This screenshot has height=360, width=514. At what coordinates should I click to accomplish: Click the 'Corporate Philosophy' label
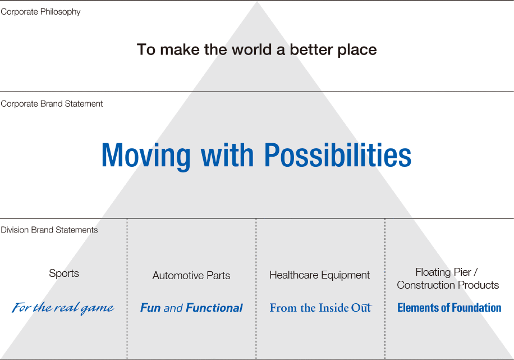(x=40, y=12)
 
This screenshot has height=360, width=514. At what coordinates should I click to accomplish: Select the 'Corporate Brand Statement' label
(x=52, y=104)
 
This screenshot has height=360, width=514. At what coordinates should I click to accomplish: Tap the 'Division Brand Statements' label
(x=49, y=230)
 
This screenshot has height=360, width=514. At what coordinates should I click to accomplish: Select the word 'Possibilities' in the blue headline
(x=338, y=155)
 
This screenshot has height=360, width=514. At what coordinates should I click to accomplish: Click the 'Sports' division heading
(x=64, y=274)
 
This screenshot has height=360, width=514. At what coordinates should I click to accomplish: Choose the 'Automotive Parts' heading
(x=191, y=276)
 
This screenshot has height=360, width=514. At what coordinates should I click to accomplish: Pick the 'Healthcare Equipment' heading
(x=320, y=275)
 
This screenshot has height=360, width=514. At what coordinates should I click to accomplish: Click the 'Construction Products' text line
(x=448, y=285)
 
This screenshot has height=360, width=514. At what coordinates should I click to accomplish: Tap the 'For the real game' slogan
(x=63, y=308)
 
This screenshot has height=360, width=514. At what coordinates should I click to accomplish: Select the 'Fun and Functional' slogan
(x=191, y=308)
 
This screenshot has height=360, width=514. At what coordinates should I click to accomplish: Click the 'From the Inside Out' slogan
(x=320, y=308)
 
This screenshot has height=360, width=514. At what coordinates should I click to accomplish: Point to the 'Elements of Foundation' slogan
(x=449, y=307)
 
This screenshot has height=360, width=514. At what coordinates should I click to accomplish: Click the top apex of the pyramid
(x=257, y=2)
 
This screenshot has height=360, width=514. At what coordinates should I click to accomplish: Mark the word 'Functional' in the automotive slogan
(x=214, y=308)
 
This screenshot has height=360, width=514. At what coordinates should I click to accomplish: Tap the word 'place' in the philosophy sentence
(x=357, y=50)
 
